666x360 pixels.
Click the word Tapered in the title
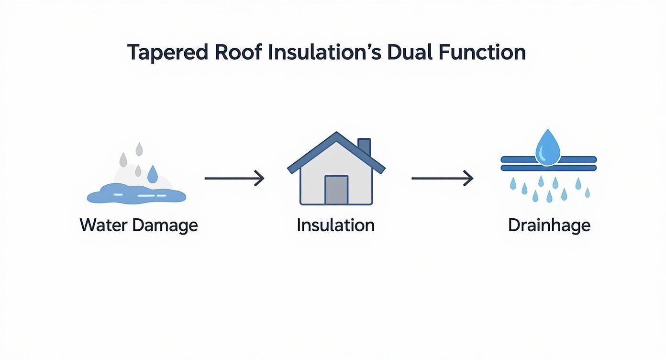tap(168, 53)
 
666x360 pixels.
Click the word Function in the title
tap(483, 53)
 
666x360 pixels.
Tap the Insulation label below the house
tap(335, 225)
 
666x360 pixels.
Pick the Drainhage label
tap(549, 225)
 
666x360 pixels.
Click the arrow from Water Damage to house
tap(234, 179)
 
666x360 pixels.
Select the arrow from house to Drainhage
tap(442, 179)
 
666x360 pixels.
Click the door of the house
tap(336, 190)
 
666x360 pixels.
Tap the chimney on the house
tap(364, 146)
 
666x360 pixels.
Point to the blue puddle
tap(136, 195)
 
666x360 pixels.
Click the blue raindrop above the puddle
tap(152, 175)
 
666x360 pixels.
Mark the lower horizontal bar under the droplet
tap(548, 168)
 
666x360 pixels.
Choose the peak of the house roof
tap(336, 135)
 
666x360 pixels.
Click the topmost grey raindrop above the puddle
tap(139, 149)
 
